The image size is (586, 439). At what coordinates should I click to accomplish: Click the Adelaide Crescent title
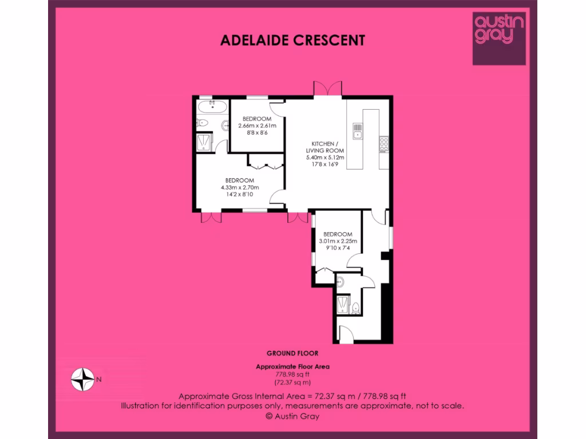pyautogui.click(x=292, y=40)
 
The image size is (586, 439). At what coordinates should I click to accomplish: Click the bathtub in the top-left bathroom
pyautogui.click(x=212, y=107)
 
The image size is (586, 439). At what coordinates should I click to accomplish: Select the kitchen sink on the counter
pyautogui.click(x=357, y=131)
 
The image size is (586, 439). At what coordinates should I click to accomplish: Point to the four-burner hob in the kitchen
pyautogui.click(x=383, y=143)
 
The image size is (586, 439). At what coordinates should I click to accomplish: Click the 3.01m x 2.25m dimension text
pyautogui.click(x=338, y=241)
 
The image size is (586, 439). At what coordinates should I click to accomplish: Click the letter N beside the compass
pyautogui.click(x=99, y=378)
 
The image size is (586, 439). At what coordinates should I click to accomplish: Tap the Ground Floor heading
pyautogui.click(x=292, y=353)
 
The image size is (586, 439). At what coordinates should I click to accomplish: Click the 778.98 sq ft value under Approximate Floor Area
pyautogui.click(x=292, y=374)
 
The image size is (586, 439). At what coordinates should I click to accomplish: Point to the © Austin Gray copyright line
pyautogui.click(x=292, y=416)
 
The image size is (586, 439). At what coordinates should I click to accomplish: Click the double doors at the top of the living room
pyautogui.click(x=328, y=90)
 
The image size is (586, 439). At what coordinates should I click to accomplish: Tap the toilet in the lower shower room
pyautogui.click(x=356, y=308)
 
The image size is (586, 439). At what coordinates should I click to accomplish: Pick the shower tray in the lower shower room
pyautogui.click(x=343, y=305)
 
